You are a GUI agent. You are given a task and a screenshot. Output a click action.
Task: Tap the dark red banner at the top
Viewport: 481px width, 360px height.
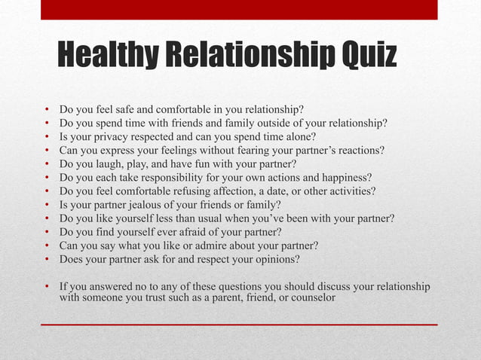(x=239, y=9)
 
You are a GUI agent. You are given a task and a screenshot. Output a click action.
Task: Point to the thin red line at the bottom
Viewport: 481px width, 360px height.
(x=239, y=325)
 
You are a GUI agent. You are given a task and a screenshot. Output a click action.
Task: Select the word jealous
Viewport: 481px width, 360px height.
(x=148, y=205)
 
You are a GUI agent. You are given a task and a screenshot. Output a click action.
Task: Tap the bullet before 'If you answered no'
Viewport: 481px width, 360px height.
(x=47, y=287)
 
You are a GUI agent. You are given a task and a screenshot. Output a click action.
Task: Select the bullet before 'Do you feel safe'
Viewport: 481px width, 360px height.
(x=47, y=109)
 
